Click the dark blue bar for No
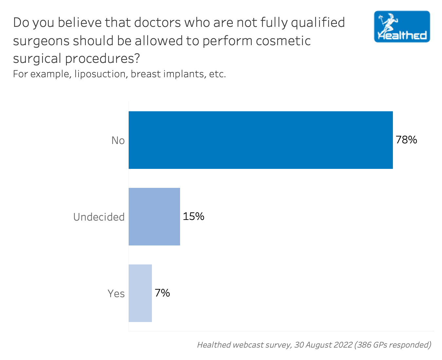coord(261,140)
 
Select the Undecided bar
coord(154,217)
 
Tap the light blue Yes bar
coord(140,293)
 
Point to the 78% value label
coord(406,140)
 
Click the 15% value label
coord(193,217)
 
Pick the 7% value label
coord(162,293)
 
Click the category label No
coord(118,140)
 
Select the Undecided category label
coord(99,217)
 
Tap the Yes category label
coord(116,294)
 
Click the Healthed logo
coord(402,27)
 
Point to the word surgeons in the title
coord(41,41)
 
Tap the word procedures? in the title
coord(102,59)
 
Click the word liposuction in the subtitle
coord(100,74)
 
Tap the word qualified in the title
coord(318,23)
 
